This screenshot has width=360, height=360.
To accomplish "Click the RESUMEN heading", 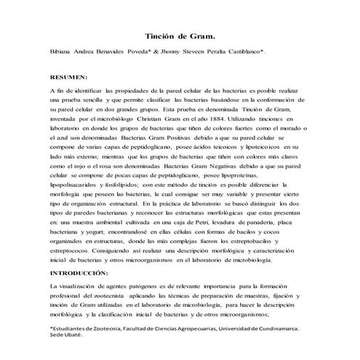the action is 68,76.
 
